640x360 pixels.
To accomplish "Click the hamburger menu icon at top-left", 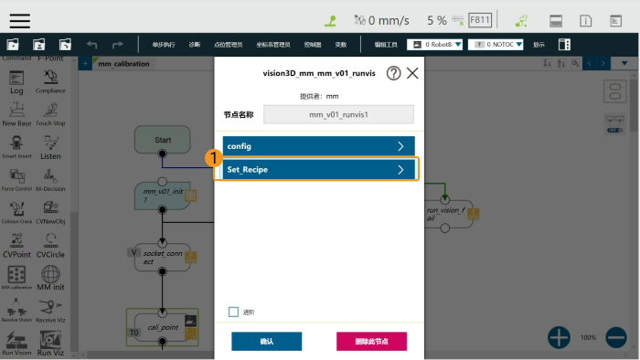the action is pos(19,20).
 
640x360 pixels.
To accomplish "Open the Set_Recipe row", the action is pos(315,170).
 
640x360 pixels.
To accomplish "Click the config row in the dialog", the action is pos(315,146).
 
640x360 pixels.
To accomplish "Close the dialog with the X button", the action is pos(412,73).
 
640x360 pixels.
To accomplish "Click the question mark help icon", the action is pos(394,73).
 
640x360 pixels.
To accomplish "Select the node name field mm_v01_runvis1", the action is pos(338,115).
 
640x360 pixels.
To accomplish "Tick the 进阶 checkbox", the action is pos(234,312).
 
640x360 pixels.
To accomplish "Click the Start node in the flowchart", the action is pos(163,140).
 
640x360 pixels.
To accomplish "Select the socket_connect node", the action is pos(162,257).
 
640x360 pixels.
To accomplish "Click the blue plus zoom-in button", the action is pos(559,337).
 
